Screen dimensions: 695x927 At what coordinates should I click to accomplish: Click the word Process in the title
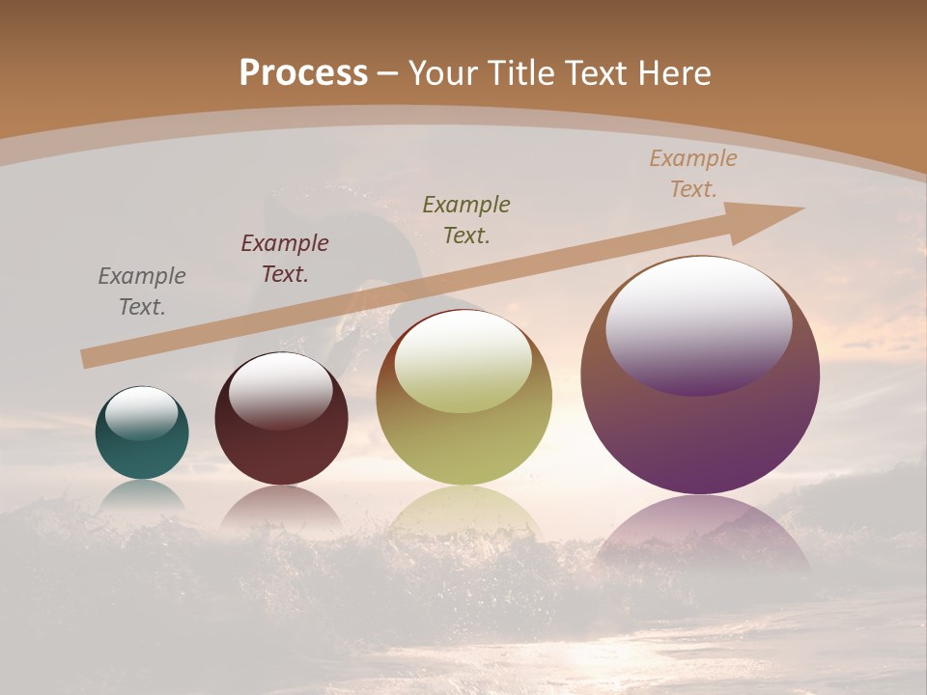tap(303, 73)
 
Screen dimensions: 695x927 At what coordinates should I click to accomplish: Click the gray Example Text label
tap(142, 292)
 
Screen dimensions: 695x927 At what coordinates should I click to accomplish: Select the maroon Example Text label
tap(285, 259)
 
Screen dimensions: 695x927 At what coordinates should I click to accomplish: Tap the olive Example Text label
tap(466, 219)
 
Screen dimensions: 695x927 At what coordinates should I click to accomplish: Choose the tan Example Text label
tap(693, 174)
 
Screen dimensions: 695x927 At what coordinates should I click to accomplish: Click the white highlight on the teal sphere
tap(141, 412)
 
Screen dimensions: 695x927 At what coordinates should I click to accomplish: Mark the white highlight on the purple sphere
tap(698, 323)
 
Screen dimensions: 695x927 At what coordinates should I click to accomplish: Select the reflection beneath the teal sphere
tap(142, 494)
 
